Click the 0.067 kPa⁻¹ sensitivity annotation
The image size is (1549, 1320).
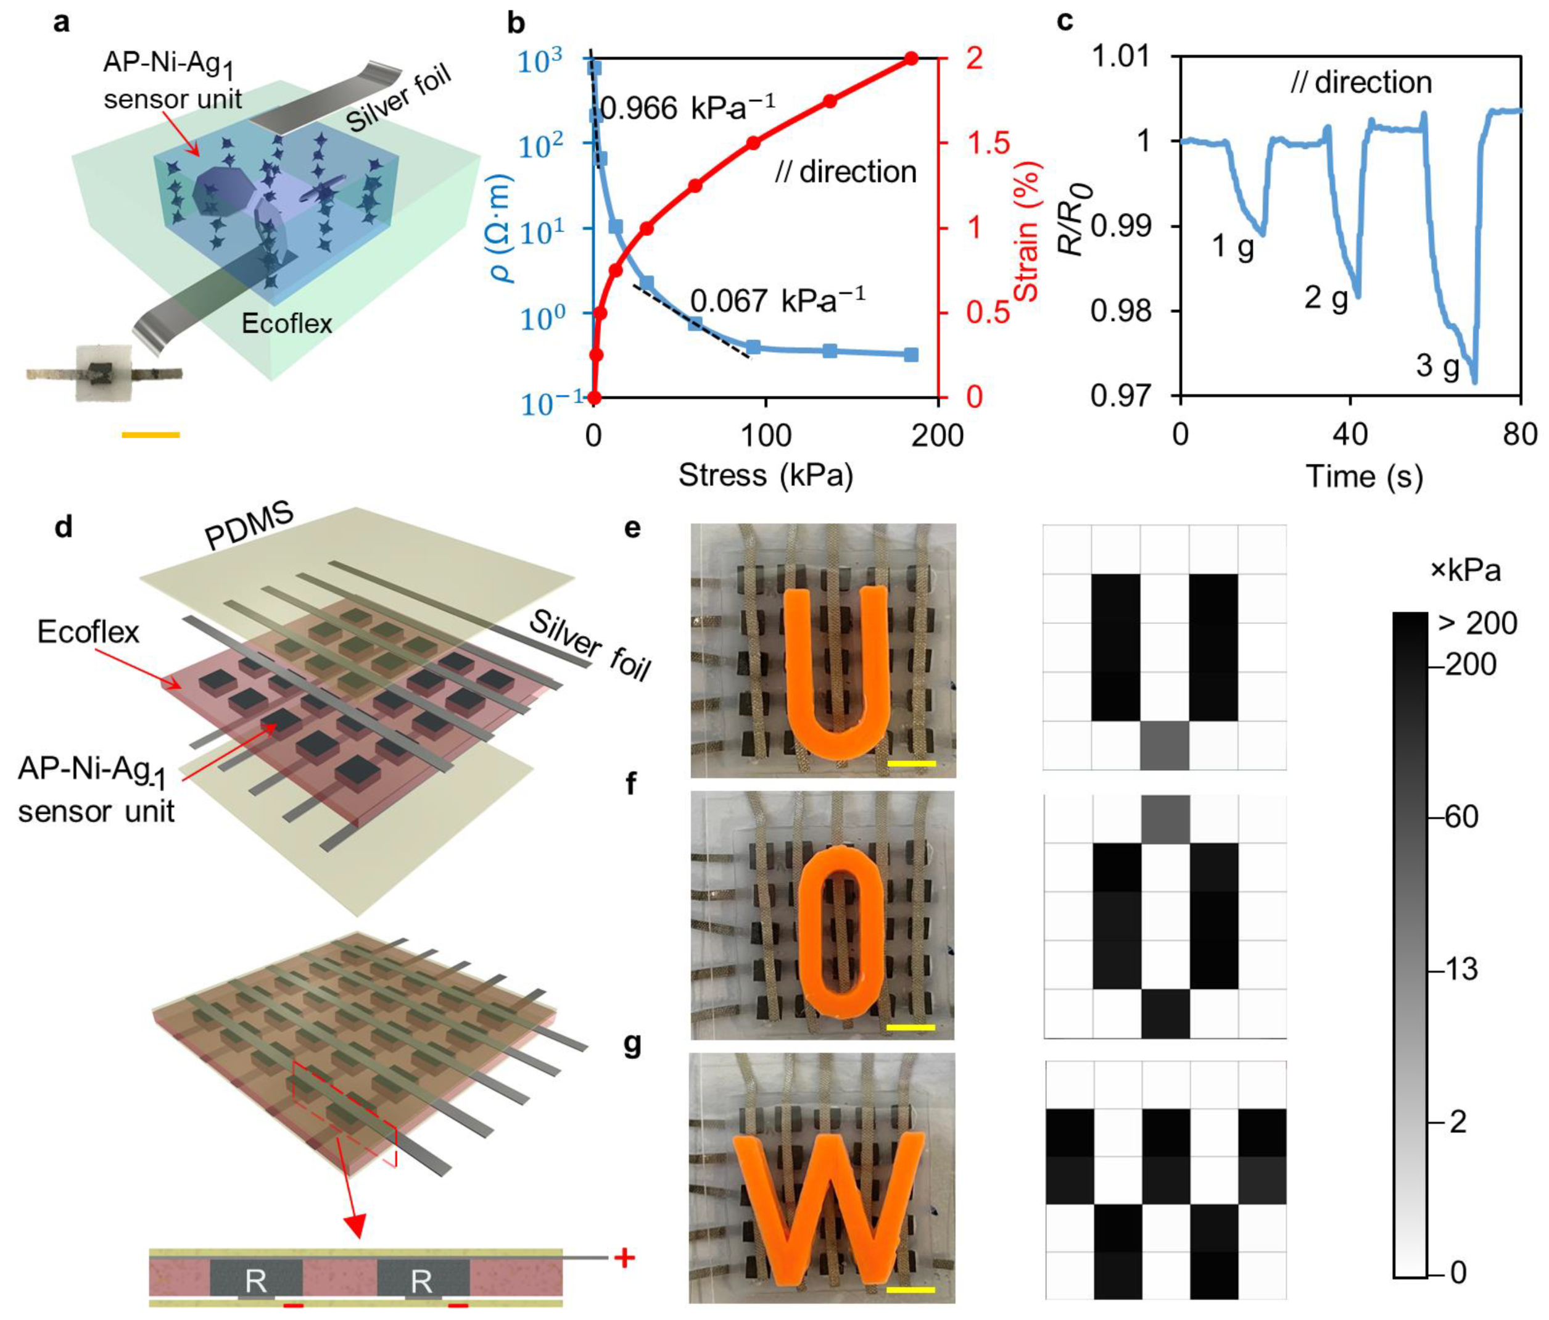click(x=777, y=301)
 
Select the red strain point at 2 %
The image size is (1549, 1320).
click(x=911, y=59)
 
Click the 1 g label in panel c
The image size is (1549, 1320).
click(x=1232, y=246)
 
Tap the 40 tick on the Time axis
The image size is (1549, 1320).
click(x=1350, y=434)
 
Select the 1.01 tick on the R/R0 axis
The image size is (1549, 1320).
click(x=1121, y=56)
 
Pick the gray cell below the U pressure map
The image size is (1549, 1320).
click(x=1164, y=745)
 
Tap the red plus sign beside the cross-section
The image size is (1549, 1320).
click(x=624, y=1257)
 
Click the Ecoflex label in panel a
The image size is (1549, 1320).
click(x=286, y=323)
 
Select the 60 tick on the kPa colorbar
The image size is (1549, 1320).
click(x=1461, y=818)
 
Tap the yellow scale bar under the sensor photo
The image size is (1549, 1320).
click(x=151, y=434)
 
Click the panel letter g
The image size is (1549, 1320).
click(x=632, y=1044)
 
